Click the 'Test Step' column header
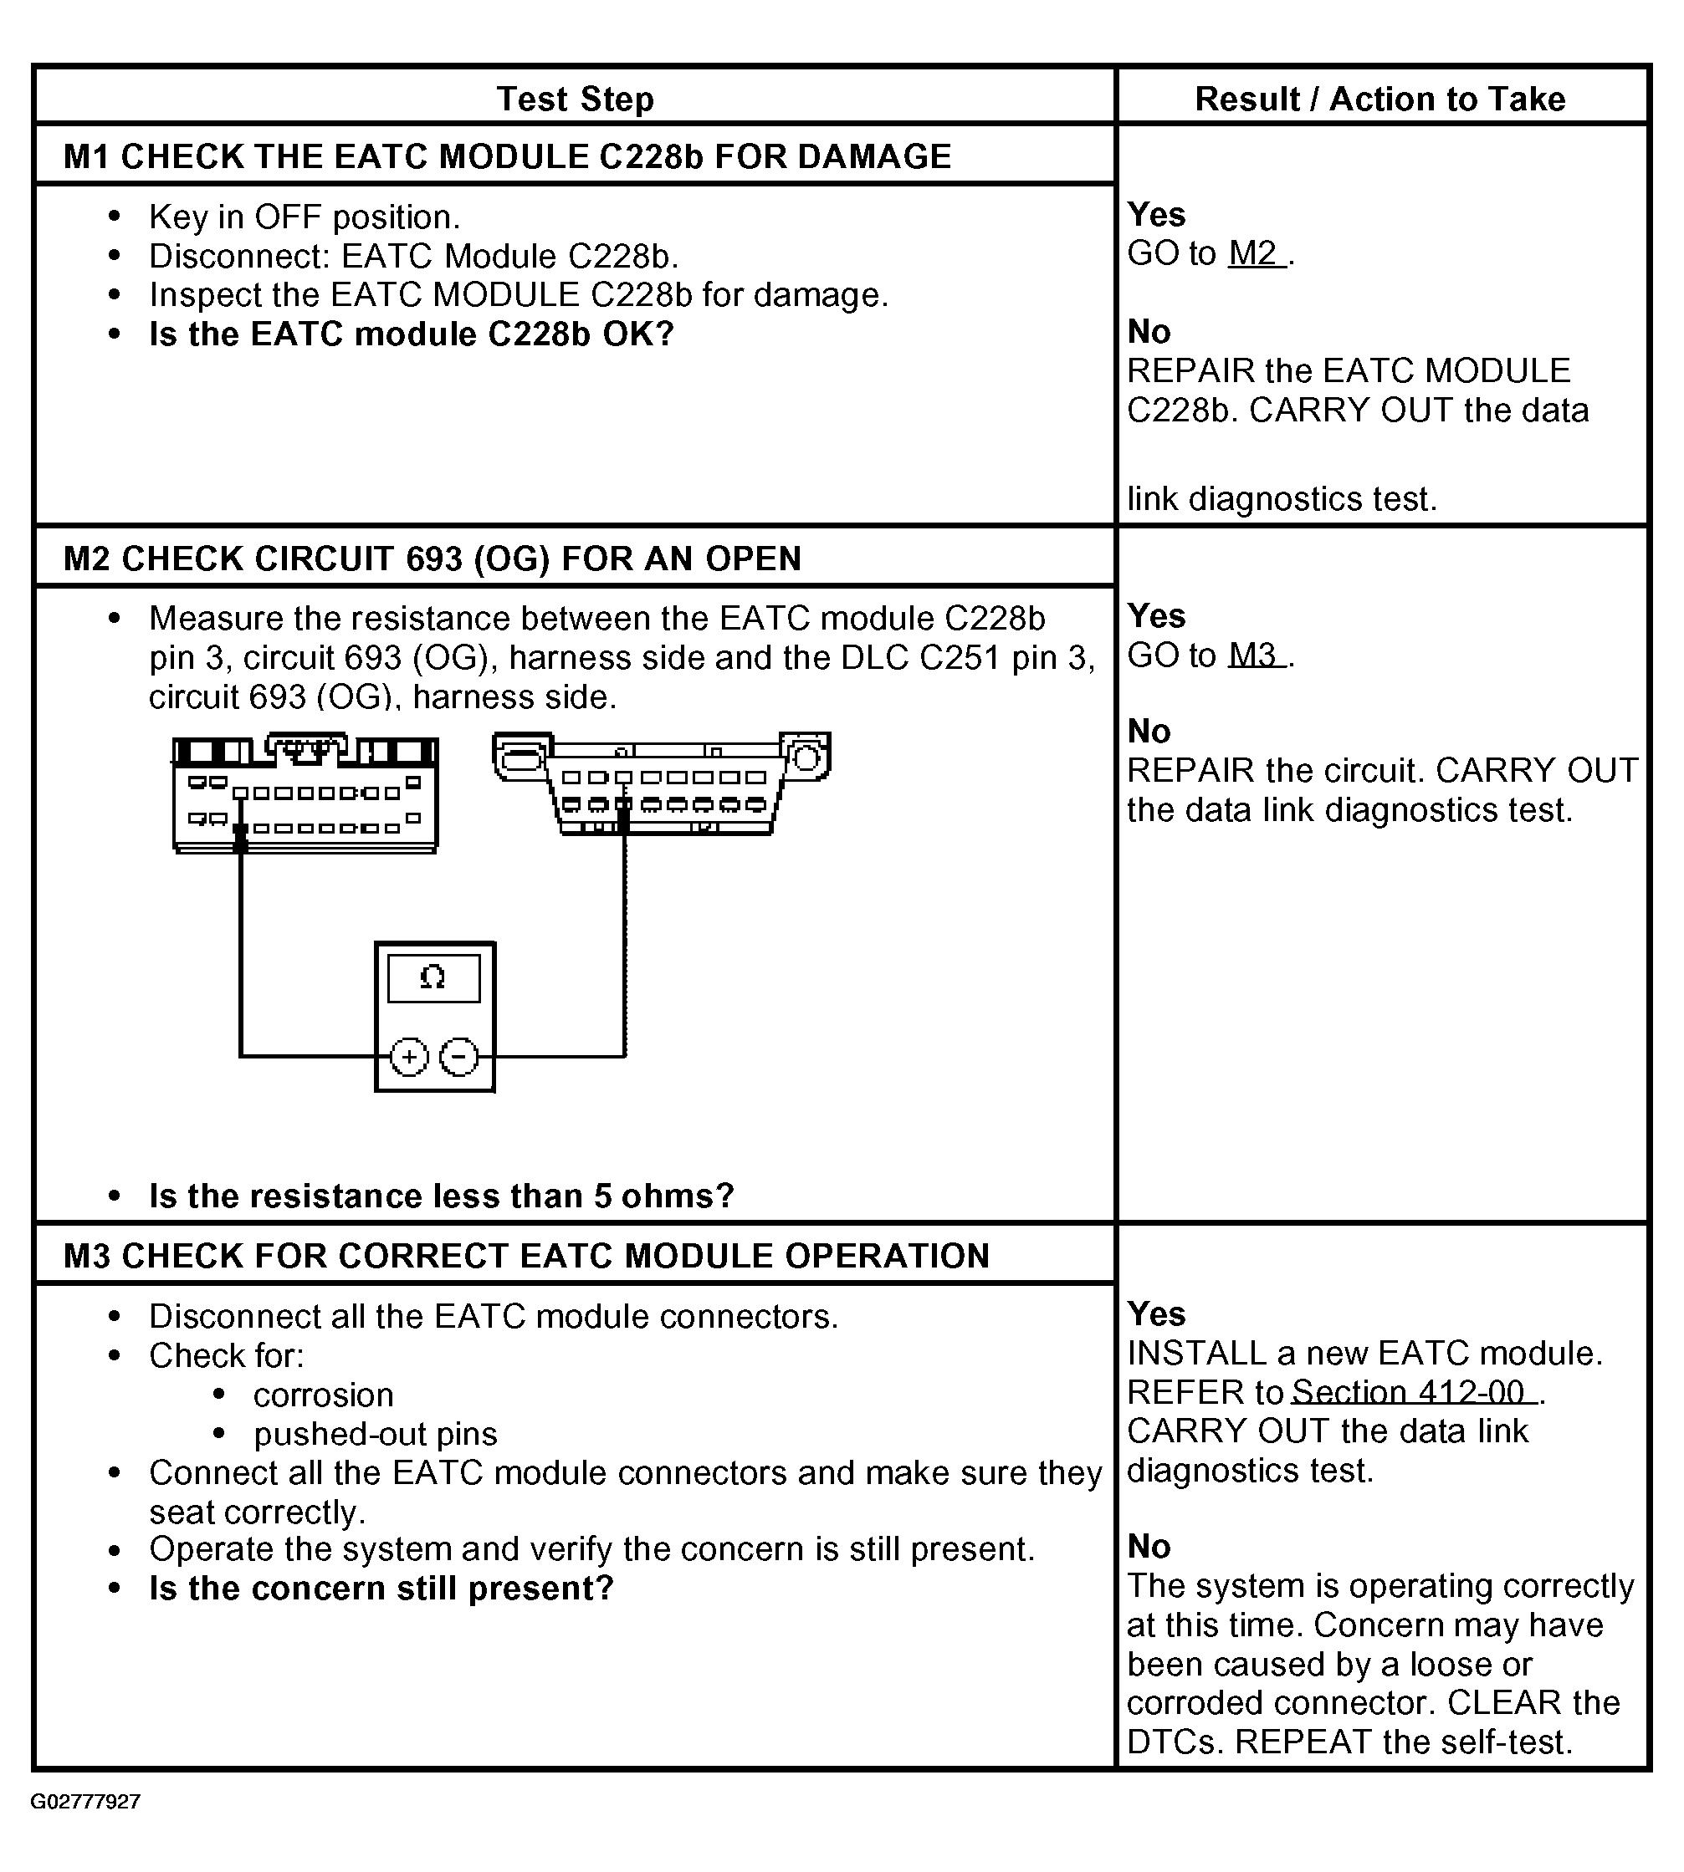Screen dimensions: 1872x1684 tap(575, 99)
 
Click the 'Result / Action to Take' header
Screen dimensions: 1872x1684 tap(1379, 99)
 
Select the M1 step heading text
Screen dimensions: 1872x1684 tap(507, 156)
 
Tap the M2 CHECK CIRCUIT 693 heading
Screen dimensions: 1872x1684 tap(433, 559)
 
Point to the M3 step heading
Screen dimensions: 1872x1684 tap(526, 1256)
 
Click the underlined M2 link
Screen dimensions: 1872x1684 tap(1255, 253)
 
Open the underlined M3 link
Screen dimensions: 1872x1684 tap(1255, 655)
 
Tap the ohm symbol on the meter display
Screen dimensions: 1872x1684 tap(433, 977)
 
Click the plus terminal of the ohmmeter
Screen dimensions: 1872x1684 tap(409, 1057)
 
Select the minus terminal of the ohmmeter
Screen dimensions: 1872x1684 tap(459, 1057)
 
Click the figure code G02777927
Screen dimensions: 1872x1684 tap(85, 1802)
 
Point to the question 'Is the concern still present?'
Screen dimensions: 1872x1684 tap(381, 1588)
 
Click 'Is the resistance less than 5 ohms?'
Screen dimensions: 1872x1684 tap(442, 1196)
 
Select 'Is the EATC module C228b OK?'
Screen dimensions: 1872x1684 tap(412, 334)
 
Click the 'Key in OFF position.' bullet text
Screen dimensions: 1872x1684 tap(305, 217)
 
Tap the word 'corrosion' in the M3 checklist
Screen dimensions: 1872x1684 tap(323, 1395)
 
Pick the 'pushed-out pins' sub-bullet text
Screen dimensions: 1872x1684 tap(375, 1434)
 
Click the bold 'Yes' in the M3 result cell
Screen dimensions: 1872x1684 tap(1155, 1313)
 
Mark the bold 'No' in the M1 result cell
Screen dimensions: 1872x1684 tap(1149, 331)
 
